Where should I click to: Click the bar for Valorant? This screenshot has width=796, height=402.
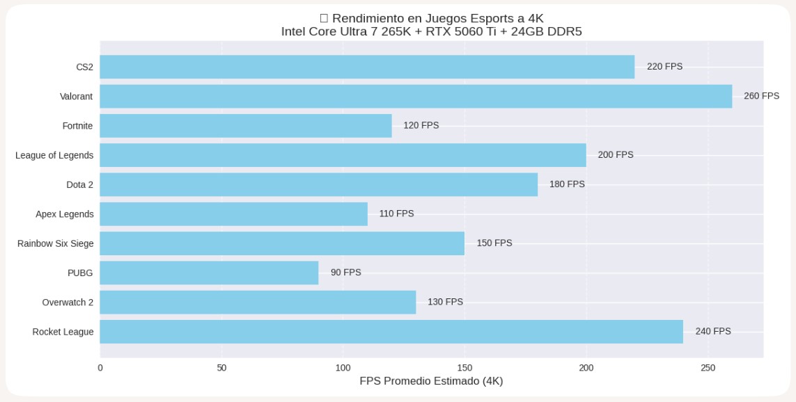(416, 97)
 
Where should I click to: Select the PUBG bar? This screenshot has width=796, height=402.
(209, 273)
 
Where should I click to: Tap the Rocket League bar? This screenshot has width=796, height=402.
(391, 332)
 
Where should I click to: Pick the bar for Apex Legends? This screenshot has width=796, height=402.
(233, 214)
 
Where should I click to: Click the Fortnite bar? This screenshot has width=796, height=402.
(246, 126)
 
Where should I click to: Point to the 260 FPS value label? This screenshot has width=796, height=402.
(761, 96)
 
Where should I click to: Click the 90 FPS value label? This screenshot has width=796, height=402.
(345, 273)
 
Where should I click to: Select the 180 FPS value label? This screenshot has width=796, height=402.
(567, 184)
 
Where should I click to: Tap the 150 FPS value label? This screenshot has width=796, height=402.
(494, 243)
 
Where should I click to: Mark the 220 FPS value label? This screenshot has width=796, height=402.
(664, 67)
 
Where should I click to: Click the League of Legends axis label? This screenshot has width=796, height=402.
(54, 155)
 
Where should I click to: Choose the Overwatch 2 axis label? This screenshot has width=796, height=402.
(68, 303)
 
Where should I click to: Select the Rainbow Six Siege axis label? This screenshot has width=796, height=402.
(56, 243)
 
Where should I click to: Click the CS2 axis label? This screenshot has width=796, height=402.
(84, 67)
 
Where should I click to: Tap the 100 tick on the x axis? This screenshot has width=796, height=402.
(343, 368)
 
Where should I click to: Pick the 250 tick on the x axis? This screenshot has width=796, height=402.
(708, 368)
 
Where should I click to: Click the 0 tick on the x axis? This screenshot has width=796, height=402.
(100, 368)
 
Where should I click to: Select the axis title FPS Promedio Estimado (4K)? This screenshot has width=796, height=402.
(431, 381)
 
